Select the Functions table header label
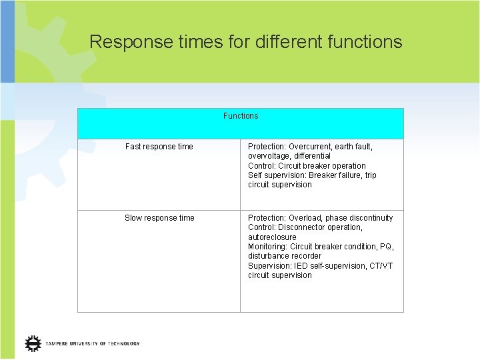(x=241, y=116)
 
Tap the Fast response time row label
(x=159, y=147)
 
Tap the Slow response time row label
(x=159, y=218)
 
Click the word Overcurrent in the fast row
(x=313, y=147)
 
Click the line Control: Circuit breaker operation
(x=307, y=166)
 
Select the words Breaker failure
(x=336, y=175)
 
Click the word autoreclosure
(x=272, y=237)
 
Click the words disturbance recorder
(x=285, y=256)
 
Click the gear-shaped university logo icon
(x=33, y=343)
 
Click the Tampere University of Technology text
(x=93, y=344)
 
